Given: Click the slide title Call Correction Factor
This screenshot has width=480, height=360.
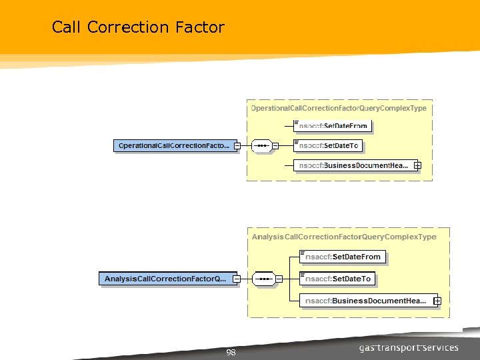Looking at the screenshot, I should pos(138,27).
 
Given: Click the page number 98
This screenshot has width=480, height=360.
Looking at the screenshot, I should pos(231,353).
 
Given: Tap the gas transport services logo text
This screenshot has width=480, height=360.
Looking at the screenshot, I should pos(409,347).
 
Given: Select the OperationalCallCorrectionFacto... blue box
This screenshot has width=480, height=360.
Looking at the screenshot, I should pos(174,145).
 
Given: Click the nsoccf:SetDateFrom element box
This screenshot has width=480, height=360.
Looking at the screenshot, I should pos(333,125).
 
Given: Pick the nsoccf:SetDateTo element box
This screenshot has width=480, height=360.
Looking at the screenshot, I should pos(331,145).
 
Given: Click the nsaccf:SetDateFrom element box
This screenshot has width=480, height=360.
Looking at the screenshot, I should pos(344,257).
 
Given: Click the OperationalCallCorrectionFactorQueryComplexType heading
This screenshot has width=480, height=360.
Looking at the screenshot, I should pos(339,108).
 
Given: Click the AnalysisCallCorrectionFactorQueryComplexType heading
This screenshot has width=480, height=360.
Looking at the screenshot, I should pos(344,237).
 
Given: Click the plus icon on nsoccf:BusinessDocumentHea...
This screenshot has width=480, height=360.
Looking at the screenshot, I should pos(417,165).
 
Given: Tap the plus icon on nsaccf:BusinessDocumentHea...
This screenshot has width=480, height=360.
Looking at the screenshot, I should pos(437,301).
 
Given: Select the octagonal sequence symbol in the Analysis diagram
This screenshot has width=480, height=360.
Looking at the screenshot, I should pos(263,279).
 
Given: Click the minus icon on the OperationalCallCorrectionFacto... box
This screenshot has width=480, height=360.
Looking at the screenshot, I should pos(237,145).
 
